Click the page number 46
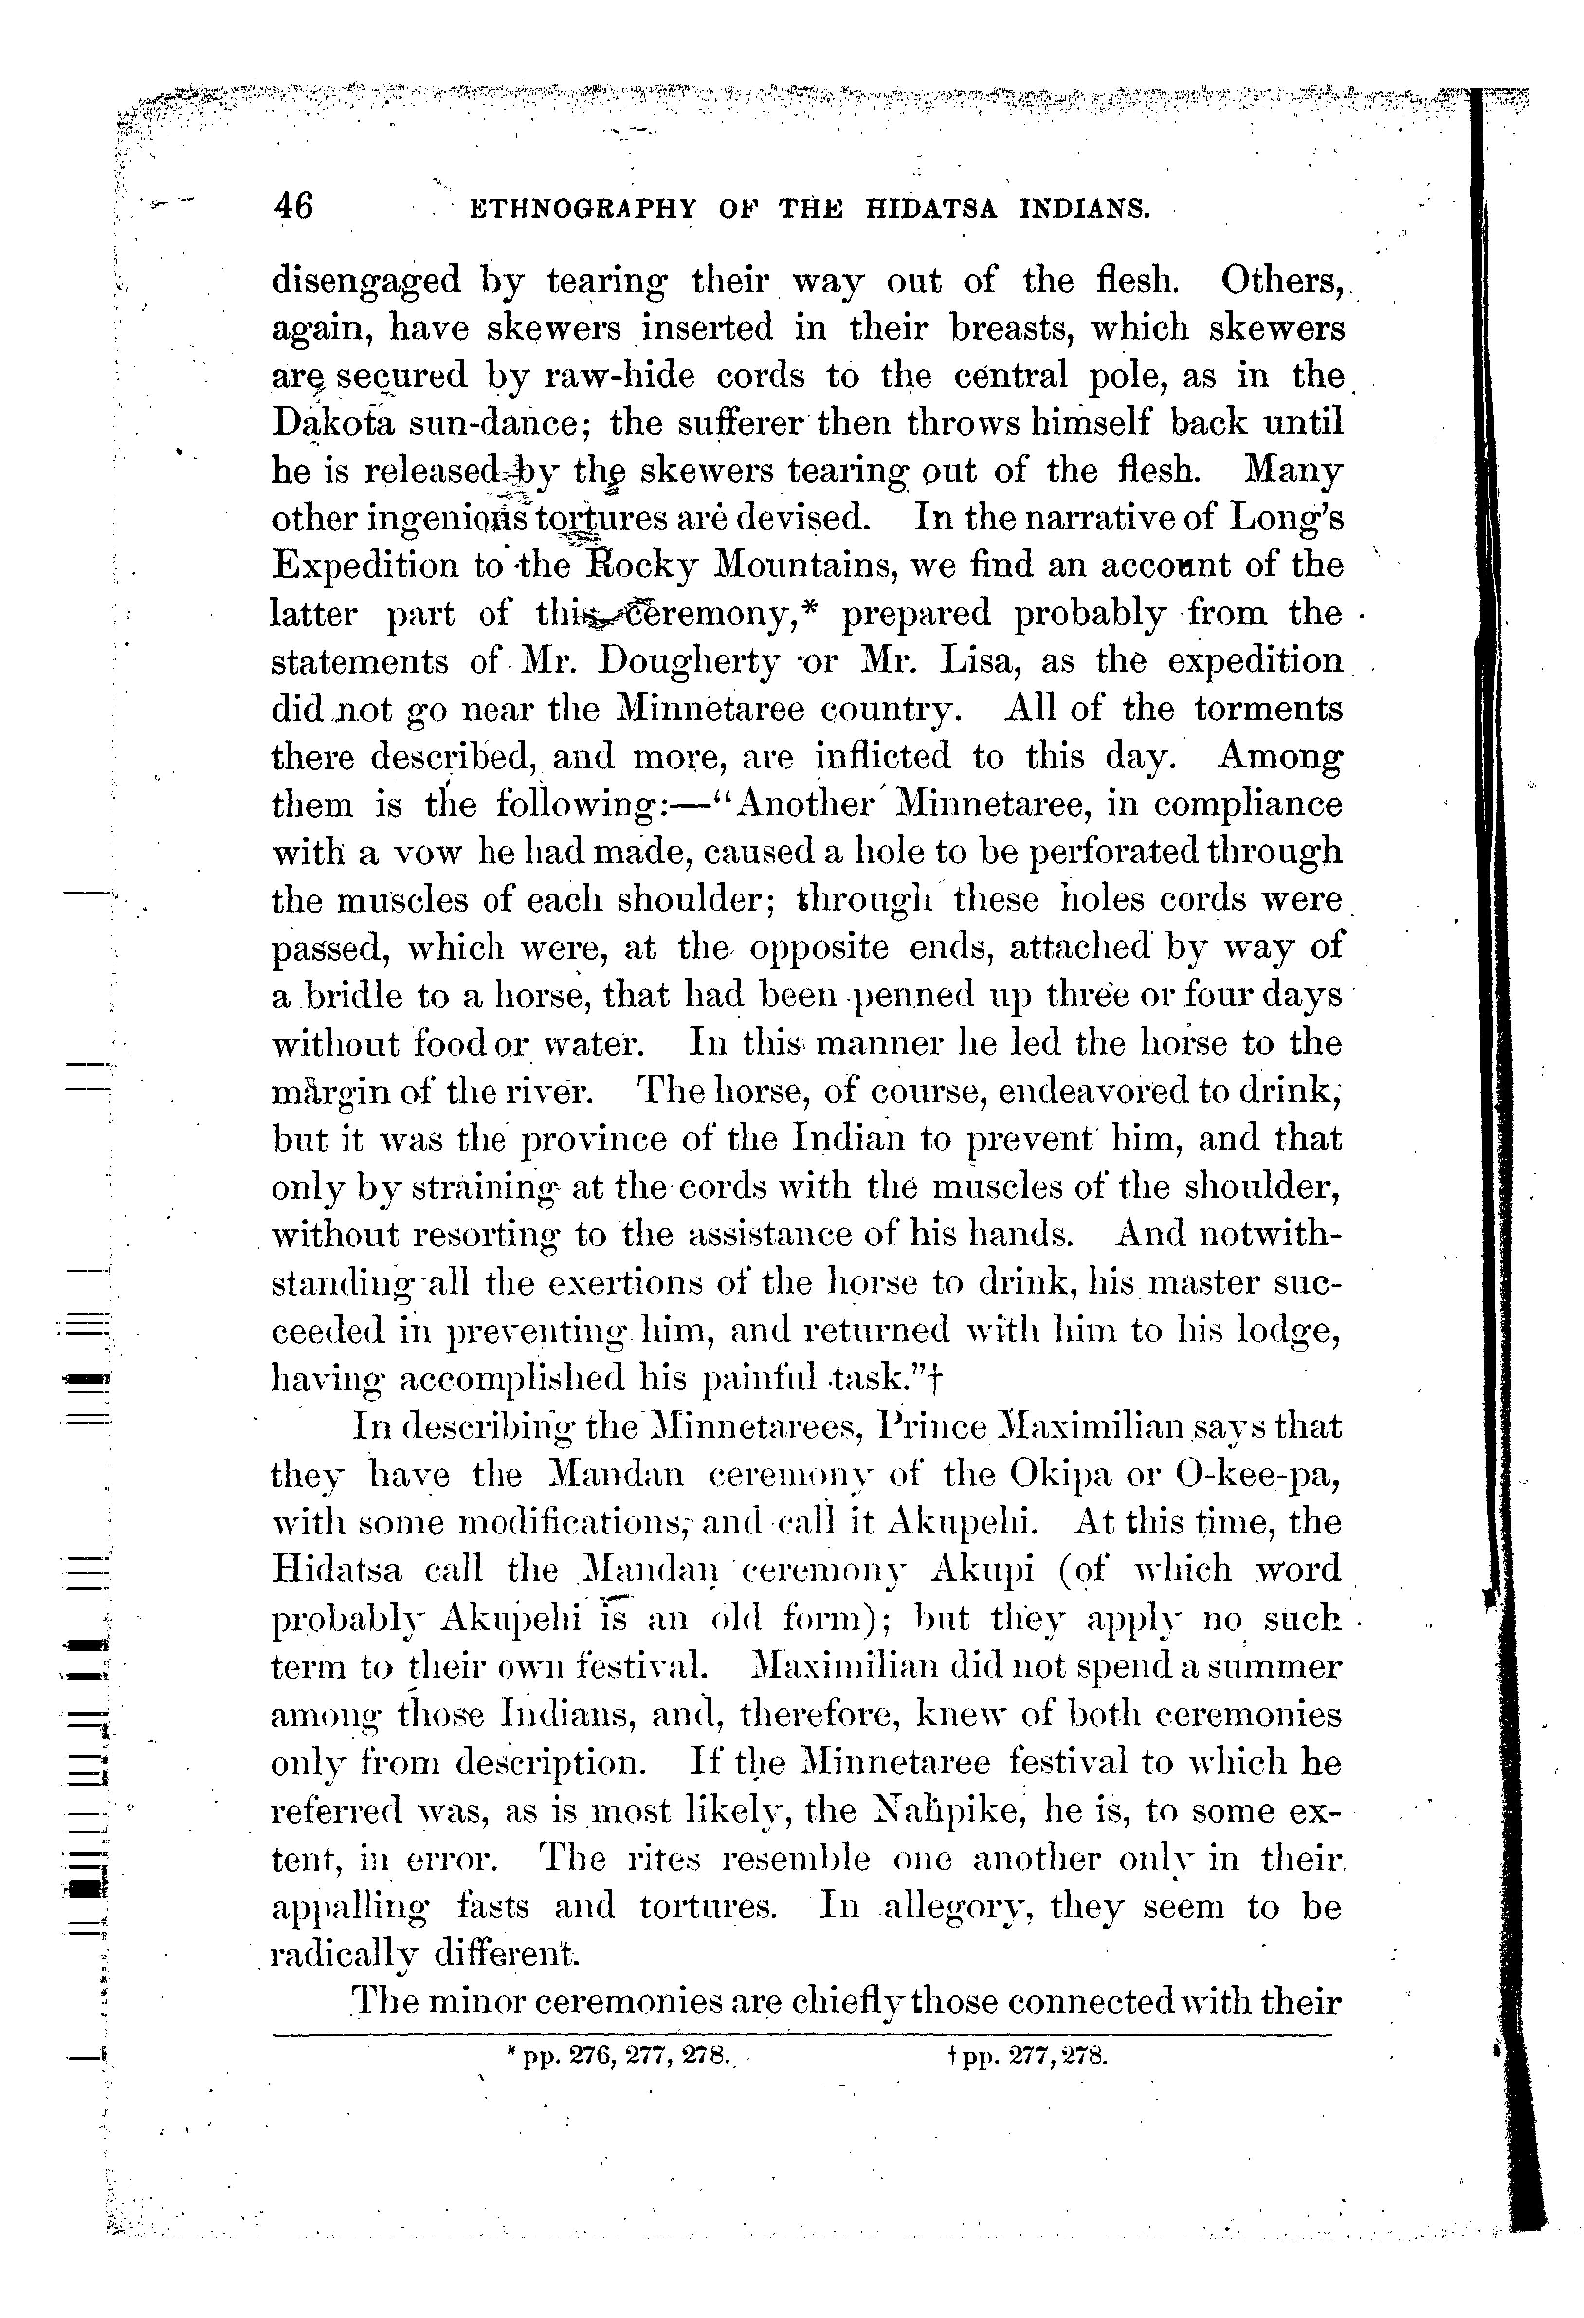pyautogui.click(x=292, y=205)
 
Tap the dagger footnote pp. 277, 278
pyautogui.click(x=1028, y=2056)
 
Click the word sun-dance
pyautogui.click(x=510, y=423)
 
